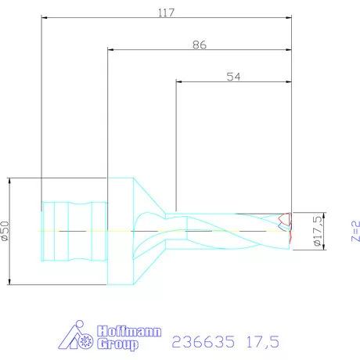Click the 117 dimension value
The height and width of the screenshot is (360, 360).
pos(165,13)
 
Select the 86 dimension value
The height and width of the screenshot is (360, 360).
pos(199,46)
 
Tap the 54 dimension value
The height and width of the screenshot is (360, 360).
pos(232,76)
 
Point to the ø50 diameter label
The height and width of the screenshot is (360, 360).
pos(6,231)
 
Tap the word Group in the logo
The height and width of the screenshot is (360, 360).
pos(118,344)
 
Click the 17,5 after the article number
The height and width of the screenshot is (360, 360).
pos(261,341)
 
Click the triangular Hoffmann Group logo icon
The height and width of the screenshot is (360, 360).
pos(75,337)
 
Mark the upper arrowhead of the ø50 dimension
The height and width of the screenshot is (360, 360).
pos(10,180)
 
